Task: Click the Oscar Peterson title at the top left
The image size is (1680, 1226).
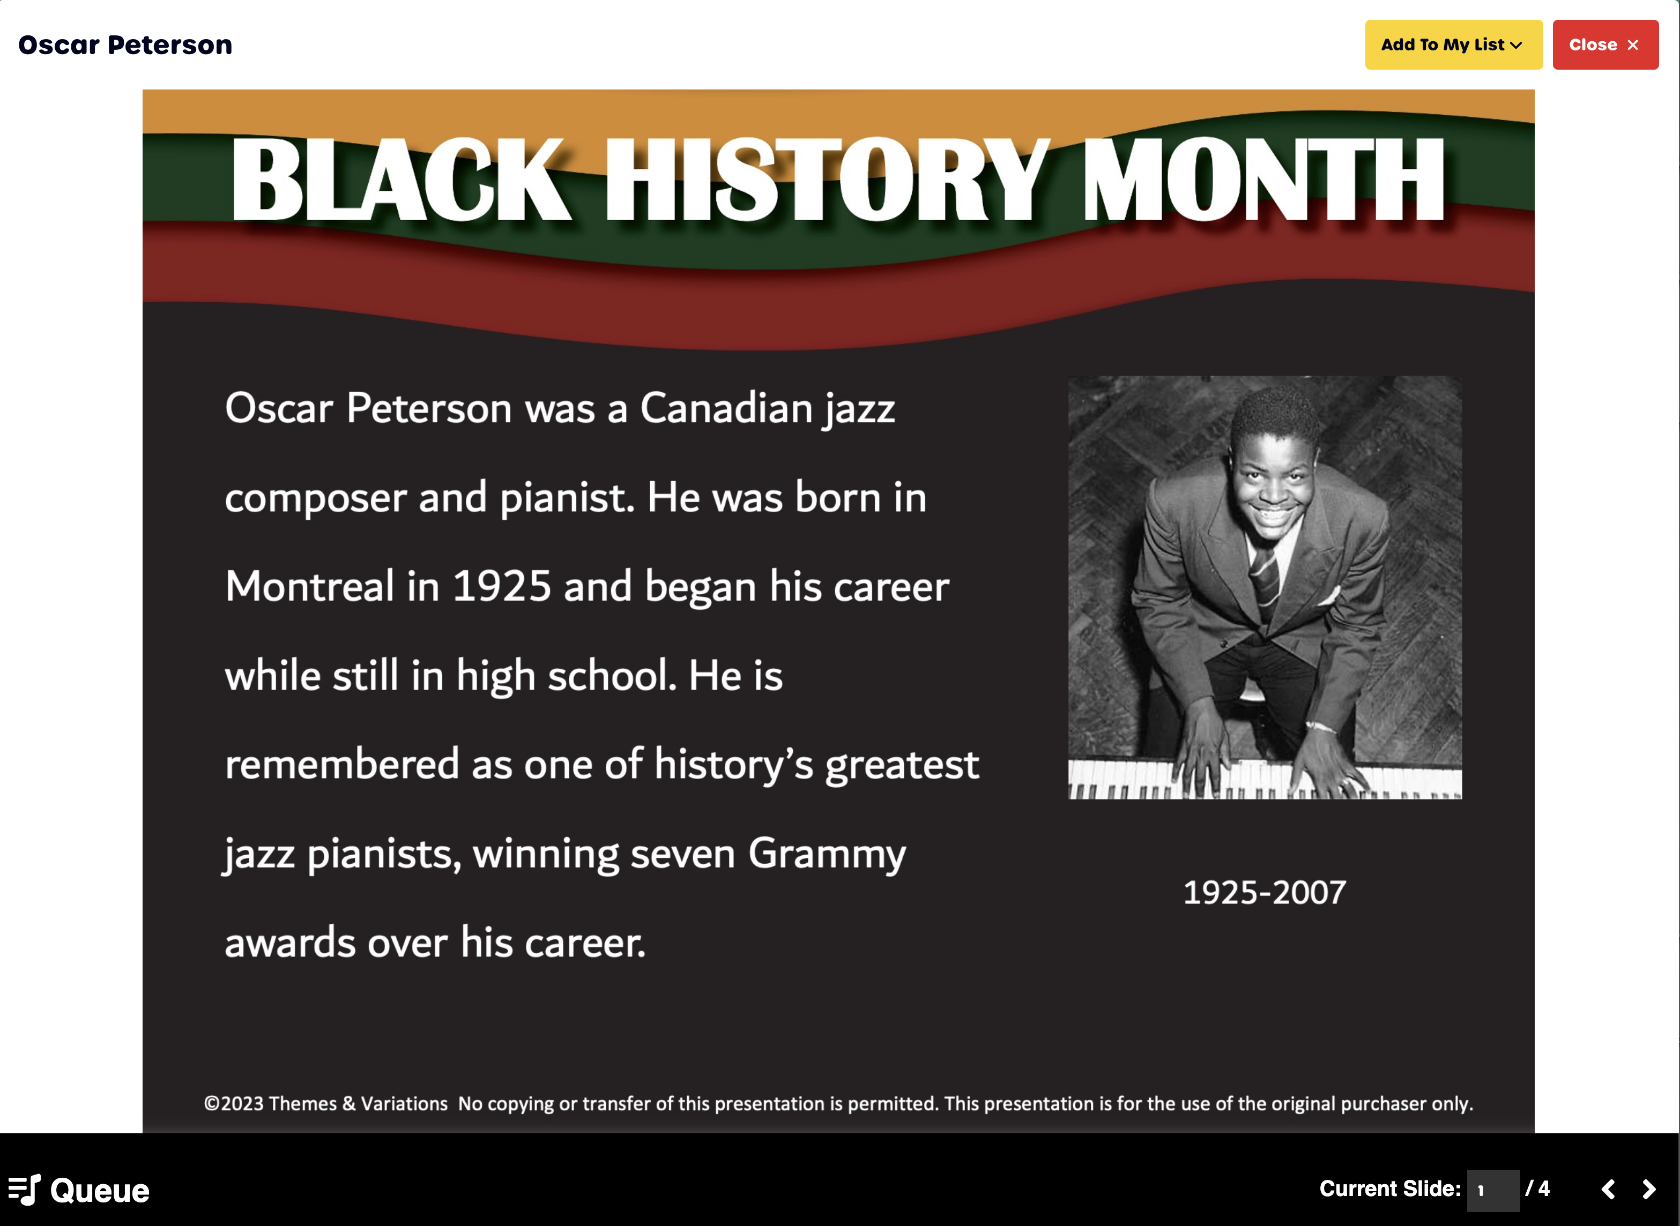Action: tap(125, 45)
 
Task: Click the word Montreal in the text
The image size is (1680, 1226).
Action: tap(309, 586)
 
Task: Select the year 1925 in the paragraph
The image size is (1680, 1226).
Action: tap(502, 586)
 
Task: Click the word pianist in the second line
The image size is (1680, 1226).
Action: tap(563, 498)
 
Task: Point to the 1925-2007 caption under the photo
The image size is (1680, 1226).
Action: tap(1264, 892)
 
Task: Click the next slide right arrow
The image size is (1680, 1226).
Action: tap(1649, 1190)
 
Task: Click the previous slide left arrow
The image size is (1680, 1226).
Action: tap(1608, 1190)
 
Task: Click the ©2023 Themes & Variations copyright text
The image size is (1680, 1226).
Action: tap(326, 1103)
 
